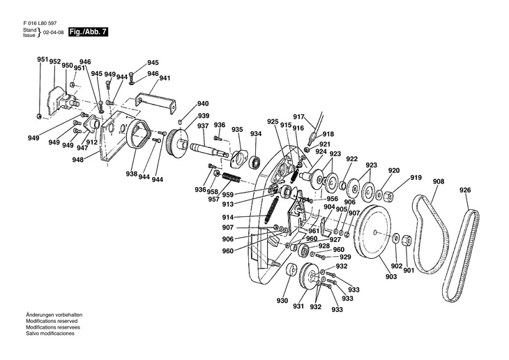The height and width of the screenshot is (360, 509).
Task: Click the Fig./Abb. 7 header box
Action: (x=89, y=32)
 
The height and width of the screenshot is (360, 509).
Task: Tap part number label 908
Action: (x=439, y=182)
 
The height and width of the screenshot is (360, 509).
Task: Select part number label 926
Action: (x=465, y=190)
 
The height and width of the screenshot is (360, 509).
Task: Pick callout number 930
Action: (x=282, y=301)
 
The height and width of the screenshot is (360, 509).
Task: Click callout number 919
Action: (x=416, y=178)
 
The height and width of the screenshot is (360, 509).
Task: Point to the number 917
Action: (x=298, y=117)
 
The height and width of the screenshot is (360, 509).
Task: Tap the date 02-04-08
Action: (x=53, y=33)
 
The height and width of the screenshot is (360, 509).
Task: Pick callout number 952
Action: (x=55, y=61)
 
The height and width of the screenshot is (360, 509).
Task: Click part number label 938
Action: (x=132, y=174)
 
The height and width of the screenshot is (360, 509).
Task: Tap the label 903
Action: (x=390, y=276)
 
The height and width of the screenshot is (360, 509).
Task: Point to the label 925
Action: (x=273, y=121)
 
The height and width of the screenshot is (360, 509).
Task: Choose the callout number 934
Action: (x=256, y=134)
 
